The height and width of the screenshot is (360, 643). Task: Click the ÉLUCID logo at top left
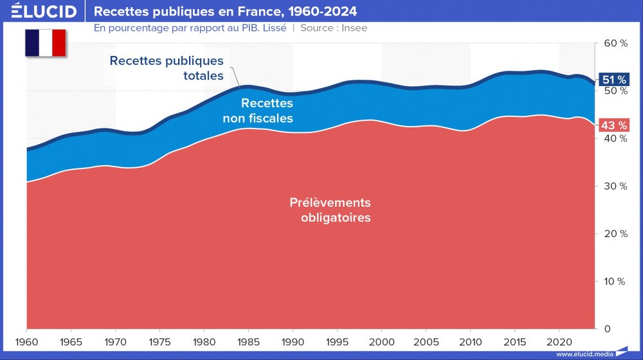click(44, 12)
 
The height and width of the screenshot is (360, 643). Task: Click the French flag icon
click(46, 43)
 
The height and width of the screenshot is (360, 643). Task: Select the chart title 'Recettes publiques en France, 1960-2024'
click(226, 12)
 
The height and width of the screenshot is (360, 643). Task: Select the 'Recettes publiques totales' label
click(167, 68)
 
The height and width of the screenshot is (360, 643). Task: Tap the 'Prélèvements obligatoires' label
click(331, 210)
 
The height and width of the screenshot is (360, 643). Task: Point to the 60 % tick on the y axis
click(615, 43)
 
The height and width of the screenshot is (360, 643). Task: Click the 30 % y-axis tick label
click(615, 186)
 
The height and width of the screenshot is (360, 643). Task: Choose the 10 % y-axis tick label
click(615, 281)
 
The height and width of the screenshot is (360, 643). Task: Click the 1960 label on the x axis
click(26, 340)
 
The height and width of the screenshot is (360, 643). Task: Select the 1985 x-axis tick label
click(248, 340)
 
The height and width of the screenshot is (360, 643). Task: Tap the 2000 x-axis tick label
click(381, 340)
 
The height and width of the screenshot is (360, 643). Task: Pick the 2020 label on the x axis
click(559, 340)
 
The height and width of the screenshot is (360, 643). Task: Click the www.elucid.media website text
click(584, 354)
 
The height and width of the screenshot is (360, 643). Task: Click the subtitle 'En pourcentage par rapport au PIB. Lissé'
click(190, 28)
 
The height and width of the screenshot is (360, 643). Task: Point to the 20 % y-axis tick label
click(615, 233)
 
